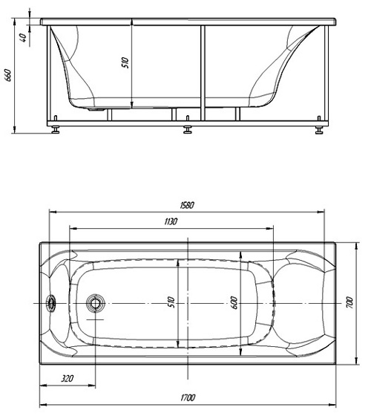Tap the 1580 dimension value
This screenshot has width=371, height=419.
[187, 205]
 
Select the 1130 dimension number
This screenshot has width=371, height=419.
[171, 221]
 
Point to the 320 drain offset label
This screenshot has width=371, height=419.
[68, 378]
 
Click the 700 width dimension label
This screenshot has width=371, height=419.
[349, 303]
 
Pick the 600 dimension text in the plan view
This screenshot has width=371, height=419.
[234, 303]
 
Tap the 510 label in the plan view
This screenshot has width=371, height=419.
[171, 302]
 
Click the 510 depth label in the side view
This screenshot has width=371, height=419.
[125, 62]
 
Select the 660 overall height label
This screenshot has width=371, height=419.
[7, 75]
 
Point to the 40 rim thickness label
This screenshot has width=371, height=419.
[23, 38]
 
